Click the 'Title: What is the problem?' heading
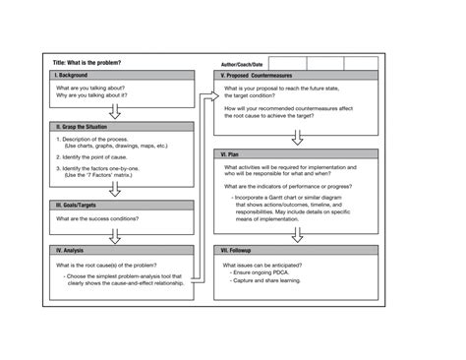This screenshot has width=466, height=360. point(87,63)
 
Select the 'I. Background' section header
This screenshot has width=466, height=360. point(71,76)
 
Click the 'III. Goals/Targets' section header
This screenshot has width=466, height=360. point(79,205)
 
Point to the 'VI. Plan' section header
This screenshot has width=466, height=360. point(234,154)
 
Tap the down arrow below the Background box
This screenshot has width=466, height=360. point(115,110)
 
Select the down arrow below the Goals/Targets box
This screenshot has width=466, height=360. point(115,235)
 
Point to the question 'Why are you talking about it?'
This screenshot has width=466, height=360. point(96,96)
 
